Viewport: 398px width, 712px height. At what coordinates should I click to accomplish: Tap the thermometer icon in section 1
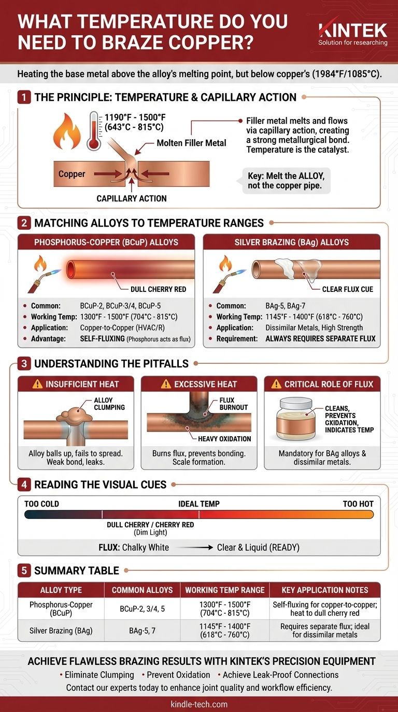tap(94, 130)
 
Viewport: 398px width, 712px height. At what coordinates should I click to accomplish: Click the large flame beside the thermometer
tap(67, 131)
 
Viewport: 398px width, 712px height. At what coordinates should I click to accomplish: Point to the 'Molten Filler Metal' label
tap(191, 143)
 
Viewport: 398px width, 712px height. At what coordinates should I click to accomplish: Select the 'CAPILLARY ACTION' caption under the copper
tap(132, 199)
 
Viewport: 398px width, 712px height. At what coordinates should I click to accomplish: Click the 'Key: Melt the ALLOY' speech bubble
tap(286, 181)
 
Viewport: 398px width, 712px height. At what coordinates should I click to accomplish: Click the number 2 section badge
tap(24, 223)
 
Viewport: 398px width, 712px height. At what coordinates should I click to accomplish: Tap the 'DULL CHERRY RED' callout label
tap(158, 289)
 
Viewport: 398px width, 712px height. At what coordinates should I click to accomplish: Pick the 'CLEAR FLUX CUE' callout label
tap(347, 289)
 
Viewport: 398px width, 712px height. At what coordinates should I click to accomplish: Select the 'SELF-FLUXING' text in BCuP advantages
tap(102, 339)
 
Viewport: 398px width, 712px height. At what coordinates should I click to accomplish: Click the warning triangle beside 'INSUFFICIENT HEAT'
tap(37, 384)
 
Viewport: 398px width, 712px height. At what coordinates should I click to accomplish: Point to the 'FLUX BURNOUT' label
tap(233, 404)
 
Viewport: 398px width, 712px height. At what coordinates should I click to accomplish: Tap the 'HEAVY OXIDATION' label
tap(224, 439)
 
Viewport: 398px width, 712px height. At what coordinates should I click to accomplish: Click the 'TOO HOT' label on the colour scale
tap(358, 504)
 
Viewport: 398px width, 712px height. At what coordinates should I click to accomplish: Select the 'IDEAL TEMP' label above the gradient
tap(199, 504)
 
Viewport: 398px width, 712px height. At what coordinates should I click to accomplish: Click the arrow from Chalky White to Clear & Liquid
tap(194, 547)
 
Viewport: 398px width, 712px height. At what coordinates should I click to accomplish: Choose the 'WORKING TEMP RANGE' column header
tap(225, 590)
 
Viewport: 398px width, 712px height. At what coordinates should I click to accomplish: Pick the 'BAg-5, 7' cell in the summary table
tap(142, 631)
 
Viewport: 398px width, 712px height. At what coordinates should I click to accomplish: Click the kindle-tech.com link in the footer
tap(199, 704)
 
